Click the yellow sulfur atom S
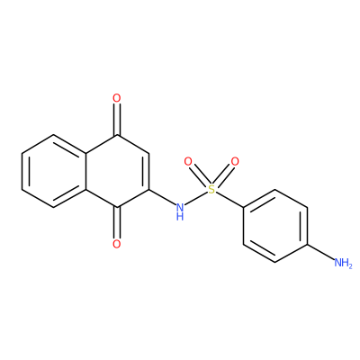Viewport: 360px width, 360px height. click(211, 189)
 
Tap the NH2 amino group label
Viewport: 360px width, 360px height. click(343, 263)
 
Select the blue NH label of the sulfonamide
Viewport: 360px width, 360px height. click(180, 211)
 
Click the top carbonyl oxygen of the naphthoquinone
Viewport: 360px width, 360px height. click(117, 98)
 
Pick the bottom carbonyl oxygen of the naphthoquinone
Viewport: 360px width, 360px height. click(117, 244)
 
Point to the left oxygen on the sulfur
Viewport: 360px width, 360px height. click(188, 162)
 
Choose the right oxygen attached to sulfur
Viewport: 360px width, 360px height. click(235, 162)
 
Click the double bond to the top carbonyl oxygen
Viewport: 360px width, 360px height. click(117, 120)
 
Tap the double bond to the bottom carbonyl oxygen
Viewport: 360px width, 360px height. click(117, 222)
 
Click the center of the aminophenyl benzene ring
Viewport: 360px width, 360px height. click(275, 226)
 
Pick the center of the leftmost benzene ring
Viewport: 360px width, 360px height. click(54, 171)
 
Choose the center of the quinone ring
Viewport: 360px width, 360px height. click(118, 171)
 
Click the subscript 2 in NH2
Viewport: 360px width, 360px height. click(350, 266)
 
